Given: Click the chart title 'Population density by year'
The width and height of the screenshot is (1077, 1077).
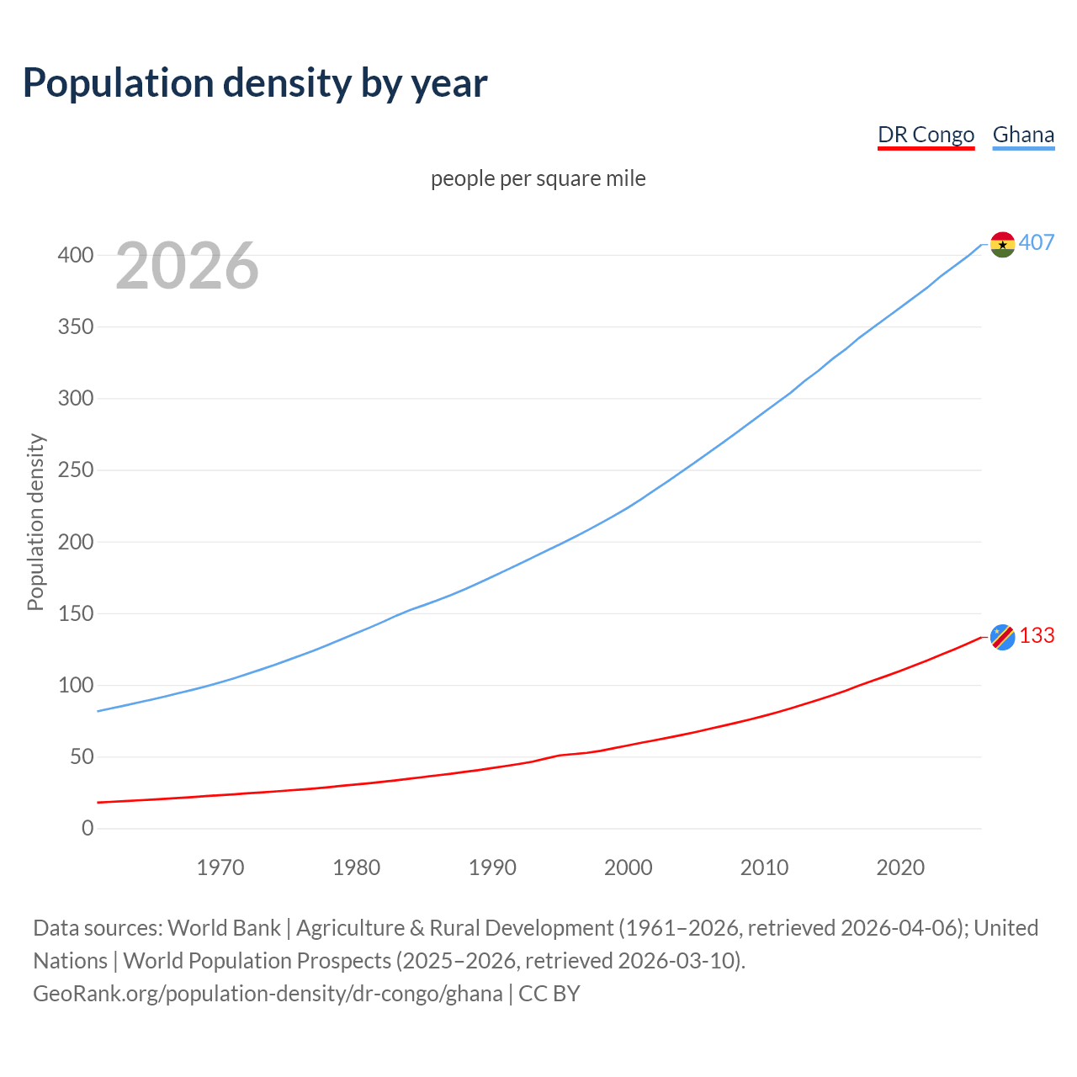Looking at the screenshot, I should [255, 82].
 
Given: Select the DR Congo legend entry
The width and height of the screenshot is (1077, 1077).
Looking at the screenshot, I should [926, 135].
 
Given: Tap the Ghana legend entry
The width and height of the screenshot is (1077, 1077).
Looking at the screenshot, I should [1023, 135].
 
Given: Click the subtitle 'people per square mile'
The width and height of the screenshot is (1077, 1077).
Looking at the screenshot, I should [538, 178].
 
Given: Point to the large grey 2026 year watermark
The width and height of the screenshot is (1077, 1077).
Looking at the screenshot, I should [187, 266].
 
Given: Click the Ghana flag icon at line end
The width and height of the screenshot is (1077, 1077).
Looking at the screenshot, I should [1002, 244].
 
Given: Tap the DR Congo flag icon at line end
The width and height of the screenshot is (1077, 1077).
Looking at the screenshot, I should [1002, 637].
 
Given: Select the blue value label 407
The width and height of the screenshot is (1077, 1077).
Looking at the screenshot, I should [1037, 242].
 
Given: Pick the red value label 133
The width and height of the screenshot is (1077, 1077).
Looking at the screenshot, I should [1037, 635].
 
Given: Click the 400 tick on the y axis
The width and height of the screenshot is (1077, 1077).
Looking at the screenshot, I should [75, 255].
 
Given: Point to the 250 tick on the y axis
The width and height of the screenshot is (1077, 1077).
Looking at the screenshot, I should [75, 470].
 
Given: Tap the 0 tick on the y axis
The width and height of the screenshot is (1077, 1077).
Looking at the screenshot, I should [88, 828].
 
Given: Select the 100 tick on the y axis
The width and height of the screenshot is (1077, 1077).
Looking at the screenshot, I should [75, 685].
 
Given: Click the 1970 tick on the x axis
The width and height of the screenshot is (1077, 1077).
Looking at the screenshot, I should [220, 867].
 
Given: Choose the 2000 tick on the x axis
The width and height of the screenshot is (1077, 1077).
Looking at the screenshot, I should [628, 867].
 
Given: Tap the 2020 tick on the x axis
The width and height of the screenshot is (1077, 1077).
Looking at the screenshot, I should [900, 867].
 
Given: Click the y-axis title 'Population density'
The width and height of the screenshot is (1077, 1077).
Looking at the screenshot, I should [35, 522].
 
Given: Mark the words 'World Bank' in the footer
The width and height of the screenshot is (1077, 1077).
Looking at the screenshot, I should [224, 927].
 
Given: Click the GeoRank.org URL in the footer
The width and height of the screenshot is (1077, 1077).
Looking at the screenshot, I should [268, 993].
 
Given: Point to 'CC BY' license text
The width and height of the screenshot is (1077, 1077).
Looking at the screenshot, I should [549, 993].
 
